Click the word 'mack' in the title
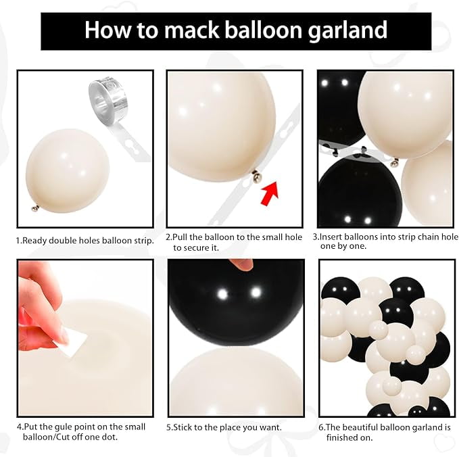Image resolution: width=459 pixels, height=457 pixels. pyautogui.click(x=191, y=30)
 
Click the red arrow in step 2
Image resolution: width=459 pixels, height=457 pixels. pyautogui.click(x=270, y=193)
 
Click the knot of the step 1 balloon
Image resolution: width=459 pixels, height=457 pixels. pyautogui.click(x=35, y=208)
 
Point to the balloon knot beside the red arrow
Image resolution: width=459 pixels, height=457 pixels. pyautogui.click(x=257, y=176)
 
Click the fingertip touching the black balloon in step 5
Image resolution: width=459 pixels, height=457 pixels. pyautogui.click(x=241, y=264)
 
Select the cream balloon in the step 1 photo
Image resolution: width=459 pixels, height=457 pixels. pyautogui.click(x=68, y=170)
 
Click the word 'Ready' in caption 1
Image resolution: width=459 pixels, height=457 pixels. pyautogui.click(x=34, y=241)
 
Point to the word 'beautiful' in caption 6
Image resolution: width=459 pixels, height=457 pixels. pyautogui.click(x=391, y=427)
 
